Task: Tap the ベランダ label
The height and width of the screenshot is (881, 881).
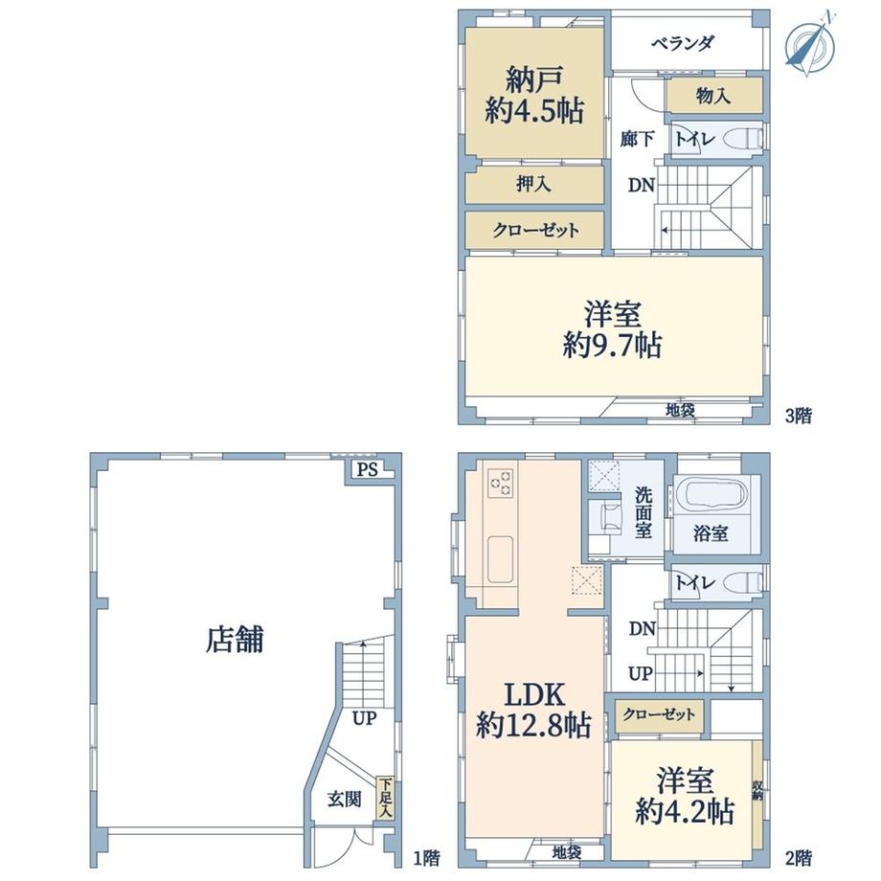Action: coord(682,44)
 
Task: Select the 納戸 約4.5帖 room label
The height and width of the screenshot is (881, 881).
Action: coord(534,94)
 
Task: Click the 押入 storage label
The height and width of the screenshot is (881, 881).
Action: coord(533,184)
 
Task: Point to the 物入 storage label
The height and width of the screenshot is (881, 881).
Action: coord(713,95)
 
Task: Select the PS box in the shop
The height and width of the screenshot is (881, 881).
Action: coord(367,469)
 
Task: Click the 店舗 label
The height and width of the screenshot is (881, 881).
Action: coord(235,639)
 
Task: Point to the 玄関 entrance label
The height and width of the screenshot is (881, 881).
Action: coord(344,799)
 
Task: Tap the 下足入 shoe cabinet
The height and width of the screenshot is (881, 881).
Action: coord(384,799)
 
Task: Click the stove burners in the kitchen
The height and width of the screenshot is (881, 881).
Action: coord(501,483)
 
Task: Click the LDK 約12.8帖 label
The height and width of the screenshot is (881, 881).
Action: coord(533,710)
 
